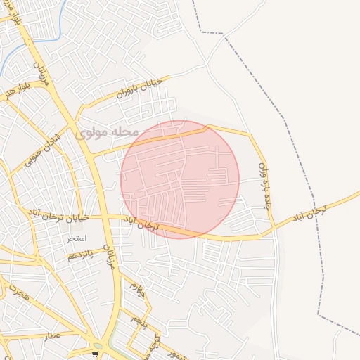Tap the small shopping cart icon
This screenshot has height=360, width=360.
95,354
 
